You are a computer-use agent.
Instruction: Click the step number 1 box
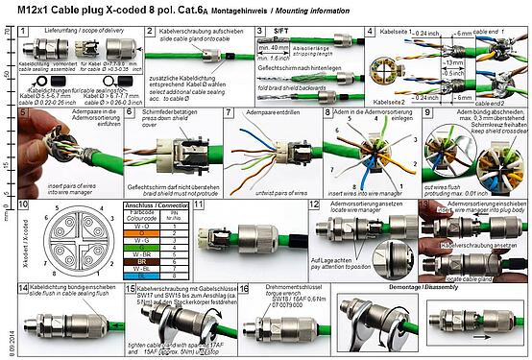point(25,31)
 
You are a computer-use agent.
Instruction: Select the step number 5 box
point(25,111)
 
